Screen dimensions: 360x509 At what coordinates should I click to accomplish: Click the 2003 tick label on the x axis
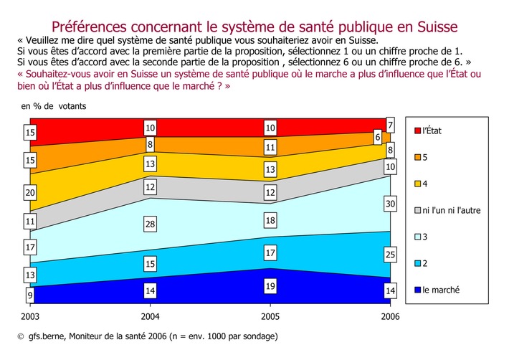point(31,316)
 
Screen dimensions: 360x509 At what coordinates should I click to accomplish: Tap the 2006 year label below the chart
point(389,316)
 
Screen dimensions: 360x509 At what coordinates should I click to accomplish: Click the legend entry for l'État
point(435,130)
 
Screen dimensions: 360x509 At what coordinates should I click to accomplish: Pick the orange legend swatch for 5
point(417,156)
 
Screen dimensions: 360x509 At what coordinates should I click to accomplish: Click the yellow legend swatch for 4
point(417,183)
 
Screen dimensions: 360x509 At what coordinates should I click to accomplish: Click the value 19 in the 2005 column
point(270,285)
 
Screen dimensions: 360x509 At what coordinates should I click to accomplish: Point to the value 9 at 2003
point(29,293)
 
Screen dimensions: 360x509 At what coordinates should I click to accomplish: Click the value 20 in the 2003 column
point(29,193)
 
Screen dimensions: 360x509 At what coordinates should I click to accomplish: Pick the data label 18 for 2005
point(270,221)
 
